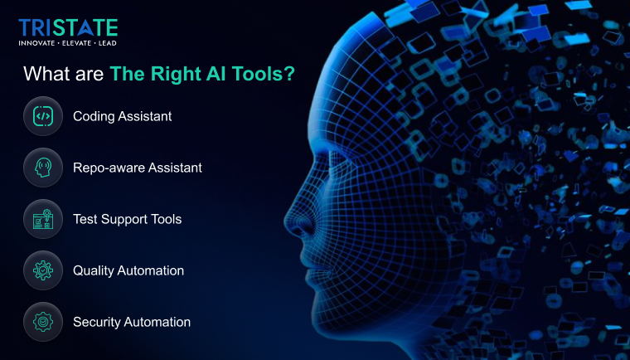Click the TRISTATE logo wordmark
coord(68,27)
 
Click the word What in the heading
coord(46,74)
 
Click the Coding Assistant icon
coord(43,116)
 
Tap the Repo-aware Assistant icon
coord(43,168)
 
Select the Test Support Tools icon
coord(43,219)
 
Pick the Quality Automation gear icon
coord(43,270)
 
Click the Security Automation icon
coord(43,322)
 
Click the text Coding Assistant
coord(122,116)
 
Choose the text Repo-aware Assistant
coord(137,168)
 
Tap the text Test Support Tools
coord(127,219)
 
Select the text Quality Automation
coord(128,270)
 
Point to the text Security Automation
coord(132,322)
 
